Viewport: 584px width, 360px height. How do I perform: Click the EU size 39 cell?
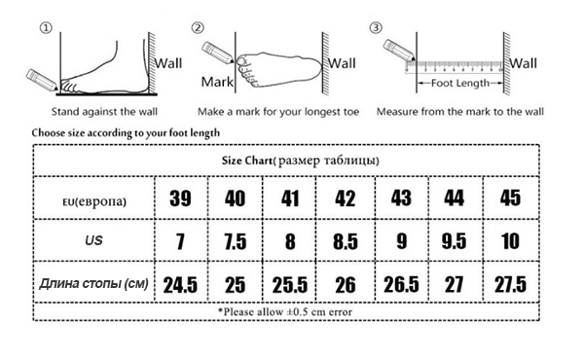coord(181,198)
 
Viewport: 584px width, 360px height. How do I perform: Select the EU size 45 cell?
coord(511,198)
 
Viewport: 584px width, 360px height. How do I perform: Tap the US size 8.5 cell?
coord(346,240)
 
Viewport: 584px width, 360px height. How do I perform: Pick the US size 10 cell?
coord(511,240)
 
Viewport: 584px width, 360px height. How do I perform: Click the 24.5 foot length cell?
coord(181,285)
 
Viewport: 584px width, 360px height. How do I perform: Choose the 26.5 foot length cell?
coord(401,285)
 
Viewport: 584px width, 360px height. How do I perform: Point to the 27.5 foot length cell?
coord(511,285)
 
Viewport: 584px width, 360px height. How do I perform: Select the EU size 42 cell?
coord(346,198)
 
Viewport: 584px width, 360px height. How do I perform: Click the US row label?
coord(93,240)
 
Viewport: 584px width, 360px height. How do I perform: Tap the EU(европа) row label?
coord(94,201)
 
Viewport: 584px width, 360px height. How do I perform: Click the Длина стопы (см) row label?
coord(93,284)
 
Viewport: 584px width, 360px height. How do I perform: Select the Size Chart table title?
coord(301,161)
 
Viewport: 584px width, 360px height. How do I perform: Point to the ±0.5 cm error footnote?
coord(285,311)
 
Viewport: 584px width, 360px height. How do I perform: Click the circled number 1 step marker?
coord(46,28)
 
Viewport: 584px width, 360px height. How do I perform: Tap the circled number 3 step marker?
coord(376,27)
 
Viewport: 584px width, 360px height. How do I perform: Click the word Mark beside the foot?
coord(217,82)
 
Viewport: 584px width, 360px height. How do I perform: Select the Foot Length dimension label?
coord(460,83)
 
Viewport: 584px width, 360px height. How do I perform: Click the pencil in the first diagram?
coord(42,80)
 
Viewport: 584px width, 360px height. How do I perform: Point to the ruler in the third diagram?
coord(455,67)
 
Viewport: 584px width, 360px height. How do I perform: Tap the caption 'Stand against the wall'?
coord(104,112)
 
